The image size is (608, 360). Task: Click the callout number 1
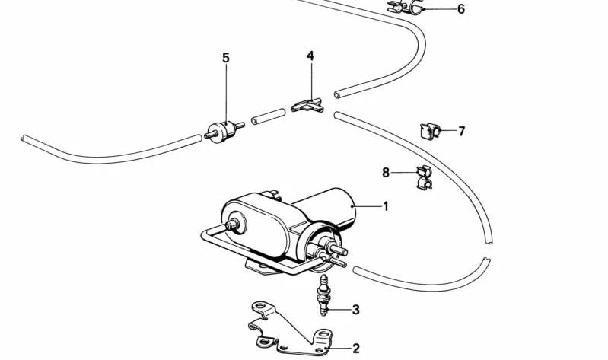pyautogui.click(x=386, y=206)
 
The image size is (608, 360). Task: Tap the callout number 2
pyautogui.click(x=356, y=349)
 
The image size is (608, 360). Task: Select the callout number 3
pyautogui.click(x=355, y=310)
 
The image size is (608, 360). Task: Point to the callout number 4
pyautogui.click(x=310, y=56)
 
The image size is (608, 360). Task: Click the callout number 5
pyautogui.click(x=226, y=58)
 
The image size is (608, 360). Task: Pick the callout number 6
pyautogui.click(x=460, y=8)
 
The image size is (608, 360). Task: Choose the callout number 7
pyautogui.click(x=461, y=131)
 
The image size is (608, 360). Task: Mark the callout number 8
pyautogui.click(x=386, y=172)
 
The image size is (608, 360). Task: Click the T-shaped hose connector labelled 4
pyautogui.click(x=307, y=106)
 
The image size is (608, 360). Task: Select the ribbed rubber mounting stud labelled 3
pyautogui.click(x=323, y=295)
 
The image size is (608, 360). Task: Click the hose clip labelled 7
pyautogui.click(x=430, y=131)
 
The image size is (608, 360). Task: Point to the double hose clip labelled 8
pyautogui.click(x=424, y=177)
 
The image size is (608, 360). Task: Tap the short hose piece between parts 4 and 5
pyautogui.click(x=268, y=116)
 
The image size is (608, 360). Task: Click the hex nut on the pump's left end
pyautogui.click(x=233, y=224)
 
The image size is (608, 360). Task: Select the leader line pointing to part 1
pyautogui.click(x=367, y=206)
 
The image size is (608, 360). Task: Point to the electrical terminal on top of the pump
pyautogui.click(x=270, y=194)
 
